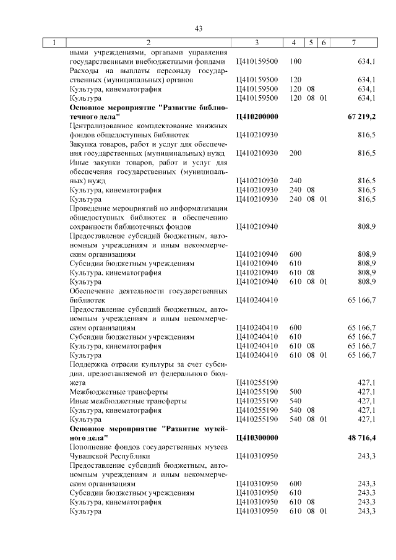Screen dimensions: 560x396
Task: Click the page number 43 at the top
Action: point(199,28)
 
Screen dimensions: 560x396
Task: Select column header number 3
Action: point(256,43)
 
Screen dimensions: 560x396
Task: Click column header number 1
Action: point(54,43)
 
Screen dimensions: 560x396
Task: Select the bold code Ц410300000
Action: point(257,437)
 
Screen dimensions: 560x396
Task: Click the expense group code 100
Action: point(295,62)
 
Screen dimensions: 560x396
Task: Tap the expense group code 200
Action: point(295,152)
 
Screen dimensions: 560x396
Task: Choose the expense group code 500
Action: point(295,392)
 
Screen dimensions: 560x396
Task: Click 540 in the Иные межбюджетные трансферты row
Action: point(295,401)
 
